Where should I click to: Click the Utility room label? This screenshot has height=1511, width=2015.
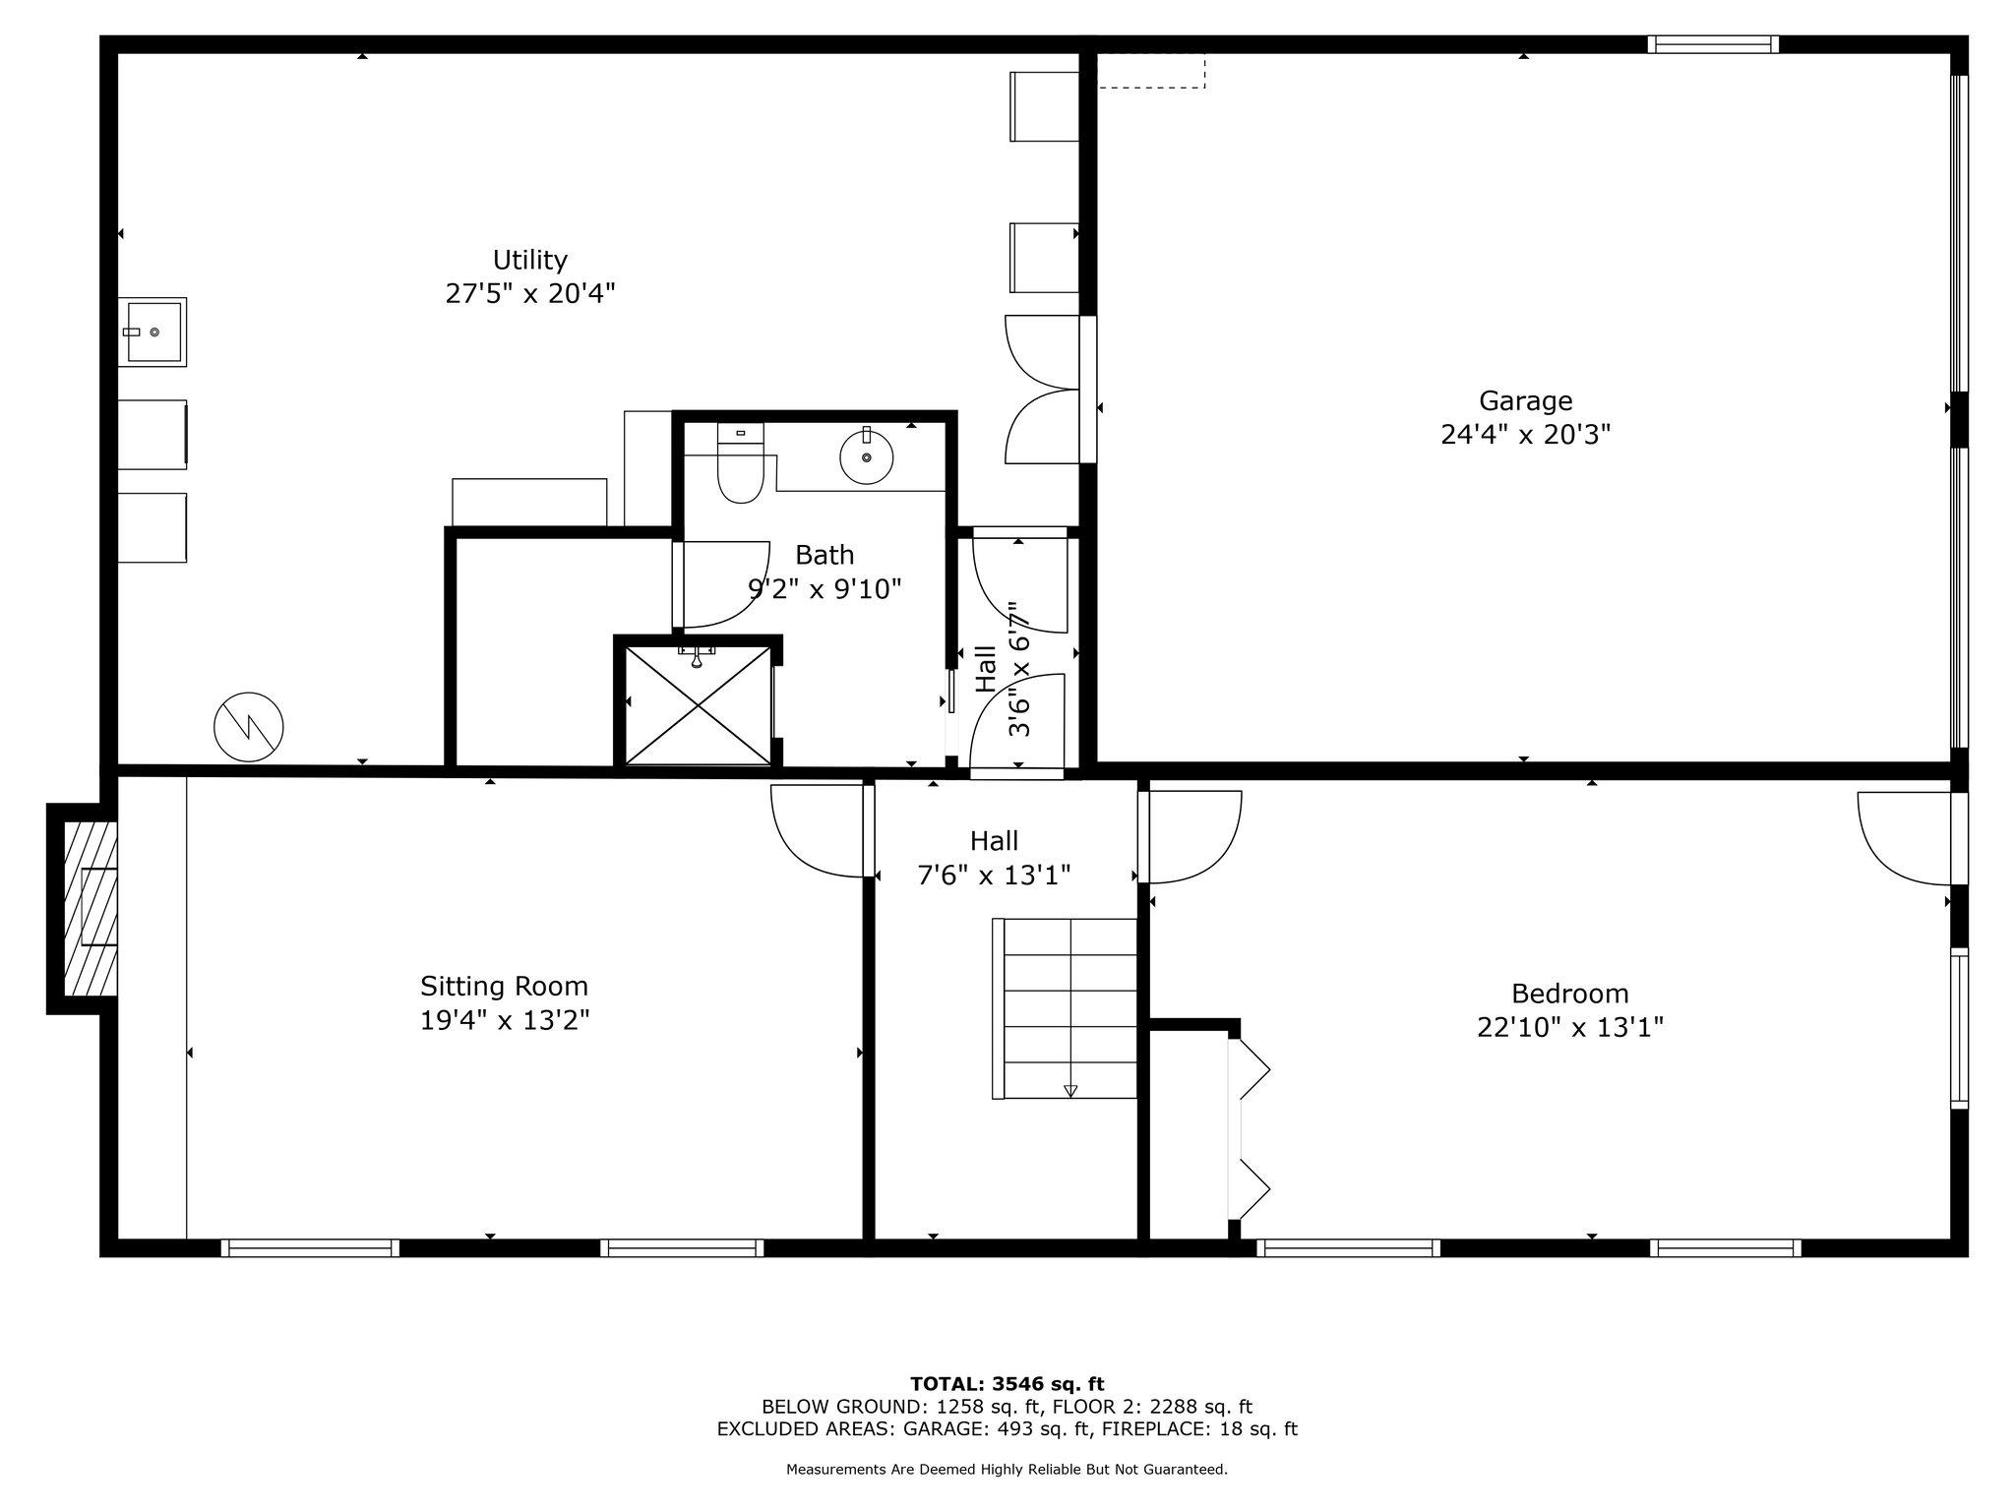pos(529,261)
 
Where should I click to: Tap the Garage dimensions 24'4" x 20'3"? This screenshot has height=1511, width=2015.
pos(1525,435)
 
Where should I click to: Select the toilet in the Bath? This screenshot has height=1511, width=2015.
pos(740,466)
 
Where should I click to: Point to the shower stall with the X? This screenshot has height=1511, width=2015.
pos(699,704)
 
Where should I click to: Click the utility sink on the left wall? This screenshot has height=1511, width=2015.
pos(153,332)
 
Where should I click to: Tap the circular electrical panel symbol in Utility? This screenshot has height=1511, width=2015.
pos(249,728)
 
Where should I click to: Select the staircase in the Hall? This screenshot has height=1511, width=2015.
pos(1069,1007)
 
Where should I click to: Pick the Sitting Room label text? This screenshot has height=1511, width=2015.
pos(504,986)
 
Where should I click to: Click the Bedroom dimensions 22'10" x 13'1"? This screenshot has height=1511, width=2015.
pos(1569,1028)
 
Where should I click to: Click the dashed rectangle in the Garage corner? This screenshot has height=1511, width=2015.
pos(1151,71)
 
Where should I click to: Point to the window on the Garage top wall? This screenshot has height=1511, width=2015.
pos(1713,44)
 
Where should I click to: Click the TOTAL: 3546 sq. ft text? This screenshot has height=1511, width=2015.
pos(1007,1385)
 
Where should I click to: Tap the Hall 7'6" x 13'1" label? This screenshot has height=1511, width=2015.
pos(994,858)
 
